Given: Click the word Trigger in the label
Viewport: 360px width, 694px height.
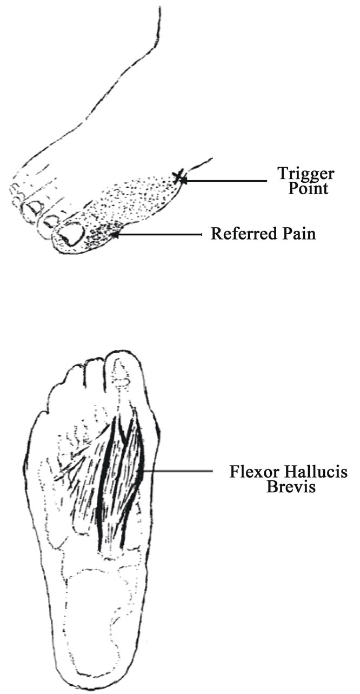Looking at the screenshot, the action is pyautogui.click(x=306, y=174).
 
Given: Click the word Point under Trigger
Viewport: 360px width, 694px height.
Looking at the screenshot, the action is pyautogui.click(x=308, y=188).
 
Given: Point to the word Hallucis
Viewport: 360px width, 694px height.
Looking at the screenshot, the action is pyautogui.click(x=316, y=472).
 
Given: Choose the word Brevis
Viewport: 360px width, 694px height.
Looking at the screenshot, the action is pyautogui.click(x=291, y=486).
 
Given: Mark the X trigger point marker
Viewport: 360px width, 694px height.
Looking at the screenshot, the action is pyautogui.click(x=178, y=177).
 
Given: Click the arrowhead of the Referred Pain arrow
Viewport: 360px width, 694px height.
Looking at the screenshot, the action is pyautogui.click(x=115, y=235).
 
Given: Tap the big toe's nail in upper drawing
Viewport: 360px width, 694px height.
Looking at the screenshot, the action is pyautogui.click(x=71, y=235).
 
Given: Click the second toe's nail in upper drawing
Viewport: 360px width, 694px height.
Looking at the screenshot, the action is pyautogui.click(x=50, y=221).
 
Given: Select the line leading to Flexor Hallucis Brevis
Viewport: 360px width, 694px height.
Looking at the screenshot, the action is pyautogui.click(x=178, y=472).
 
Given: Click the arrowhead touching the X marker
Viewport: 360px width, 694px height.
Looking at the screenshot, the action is pyautogui.click(x=183, y=180).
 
